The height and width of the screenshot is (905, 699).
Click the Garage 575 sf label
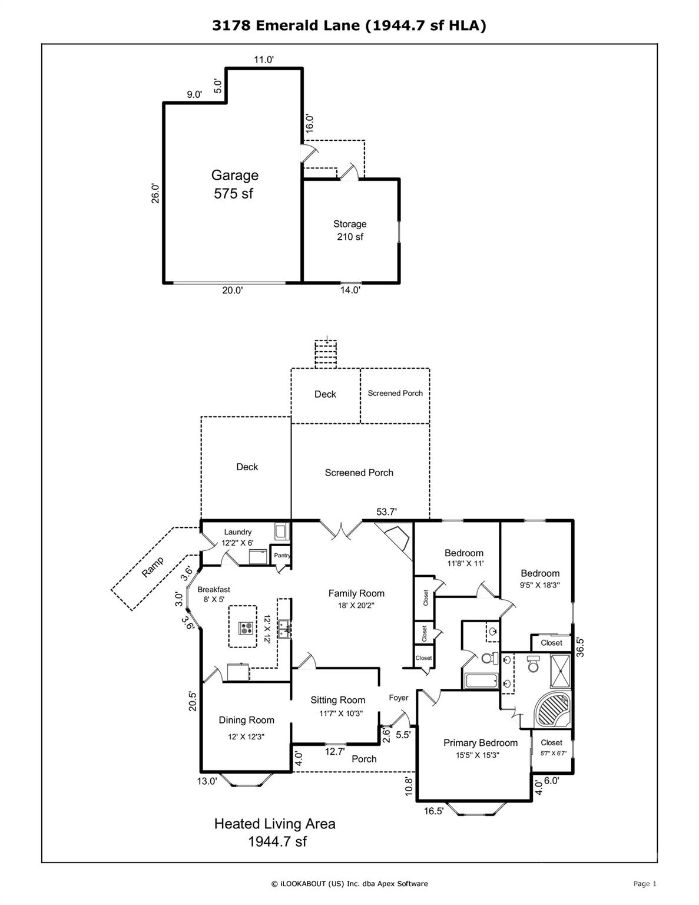pyautogui.click(x=234, y=184)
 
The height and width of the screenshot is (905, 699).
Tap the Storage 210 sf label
pyautogui.click(x=350, y=230)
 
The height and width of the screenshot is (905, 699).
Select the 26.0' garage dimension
pyautogui.click(x=155, y=194)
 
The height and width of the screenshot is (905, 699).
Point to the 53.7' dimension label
pyautogui.click(x=386, y=512)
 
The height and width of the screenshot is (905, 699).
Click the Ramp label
pyautogui.click(x=153, y=567)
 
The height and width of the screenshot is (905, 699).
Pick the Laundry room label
pyautogui.click(x=237, y=537)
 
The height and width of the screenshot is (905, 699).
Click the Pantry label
pyautogui.click(x=282, y=555)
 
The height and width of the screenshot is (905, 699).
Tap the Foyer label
pyautogui.click(x=399, y=698)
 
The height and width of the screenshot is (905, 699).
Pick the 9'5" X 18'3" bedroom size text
pyautogui.click(x=540, y=586)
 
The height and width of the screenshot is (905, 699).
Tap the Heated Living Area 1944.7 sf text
pyautogui.click(x=275, y=832)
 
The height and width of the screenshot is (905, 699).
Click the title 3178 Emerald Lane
pyautogui.click(x=349, y=26)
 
